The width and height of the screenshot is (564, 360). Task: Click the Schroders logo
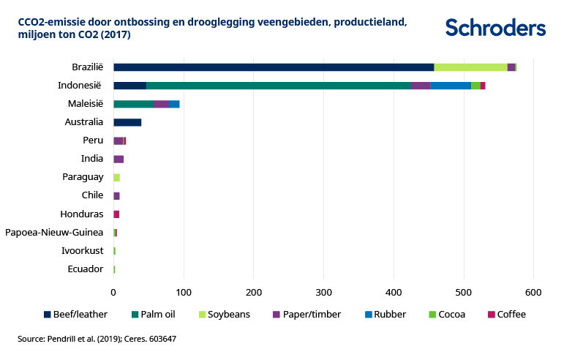[495, 28]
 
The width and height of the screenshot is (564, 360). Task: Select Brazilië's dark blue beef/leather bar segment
[274, 67]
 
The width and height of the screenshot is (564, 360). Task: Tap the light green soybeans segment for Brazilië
[470, 67]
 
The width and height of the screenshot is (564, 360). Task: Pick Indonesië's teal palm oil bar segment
[278, 86]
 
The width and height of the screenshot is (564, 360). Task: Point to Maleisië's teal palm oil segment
[133, 104]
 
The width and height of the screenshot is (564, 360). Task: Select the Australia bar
[127, 122]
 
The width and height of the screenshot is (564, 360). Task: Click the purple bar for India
[119, 159]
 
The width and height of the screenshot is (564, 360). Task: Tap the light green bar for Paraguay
[116, 177]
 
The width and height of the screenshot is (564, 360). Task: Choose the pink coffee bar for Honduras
[116, 214]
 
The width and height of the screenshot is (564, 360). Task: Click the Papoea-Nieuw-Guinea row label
[54, 233]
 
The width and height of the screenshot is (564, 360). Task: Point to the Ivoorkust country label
[83, 251]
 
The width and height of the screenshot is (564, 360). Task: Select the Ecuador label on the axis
[86, 269]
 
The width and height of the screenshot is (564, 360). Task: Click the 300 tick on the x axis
[323, 293]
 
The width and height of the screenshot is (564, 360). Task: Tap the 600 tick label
[533, 293]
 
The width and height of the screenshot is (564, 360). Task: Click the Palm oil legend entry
[153, 315]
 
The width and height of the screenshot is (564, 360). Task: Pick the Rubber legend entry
[391, 315]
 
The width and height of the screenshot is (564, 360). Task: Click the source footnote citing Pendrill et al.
[97, 340]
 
